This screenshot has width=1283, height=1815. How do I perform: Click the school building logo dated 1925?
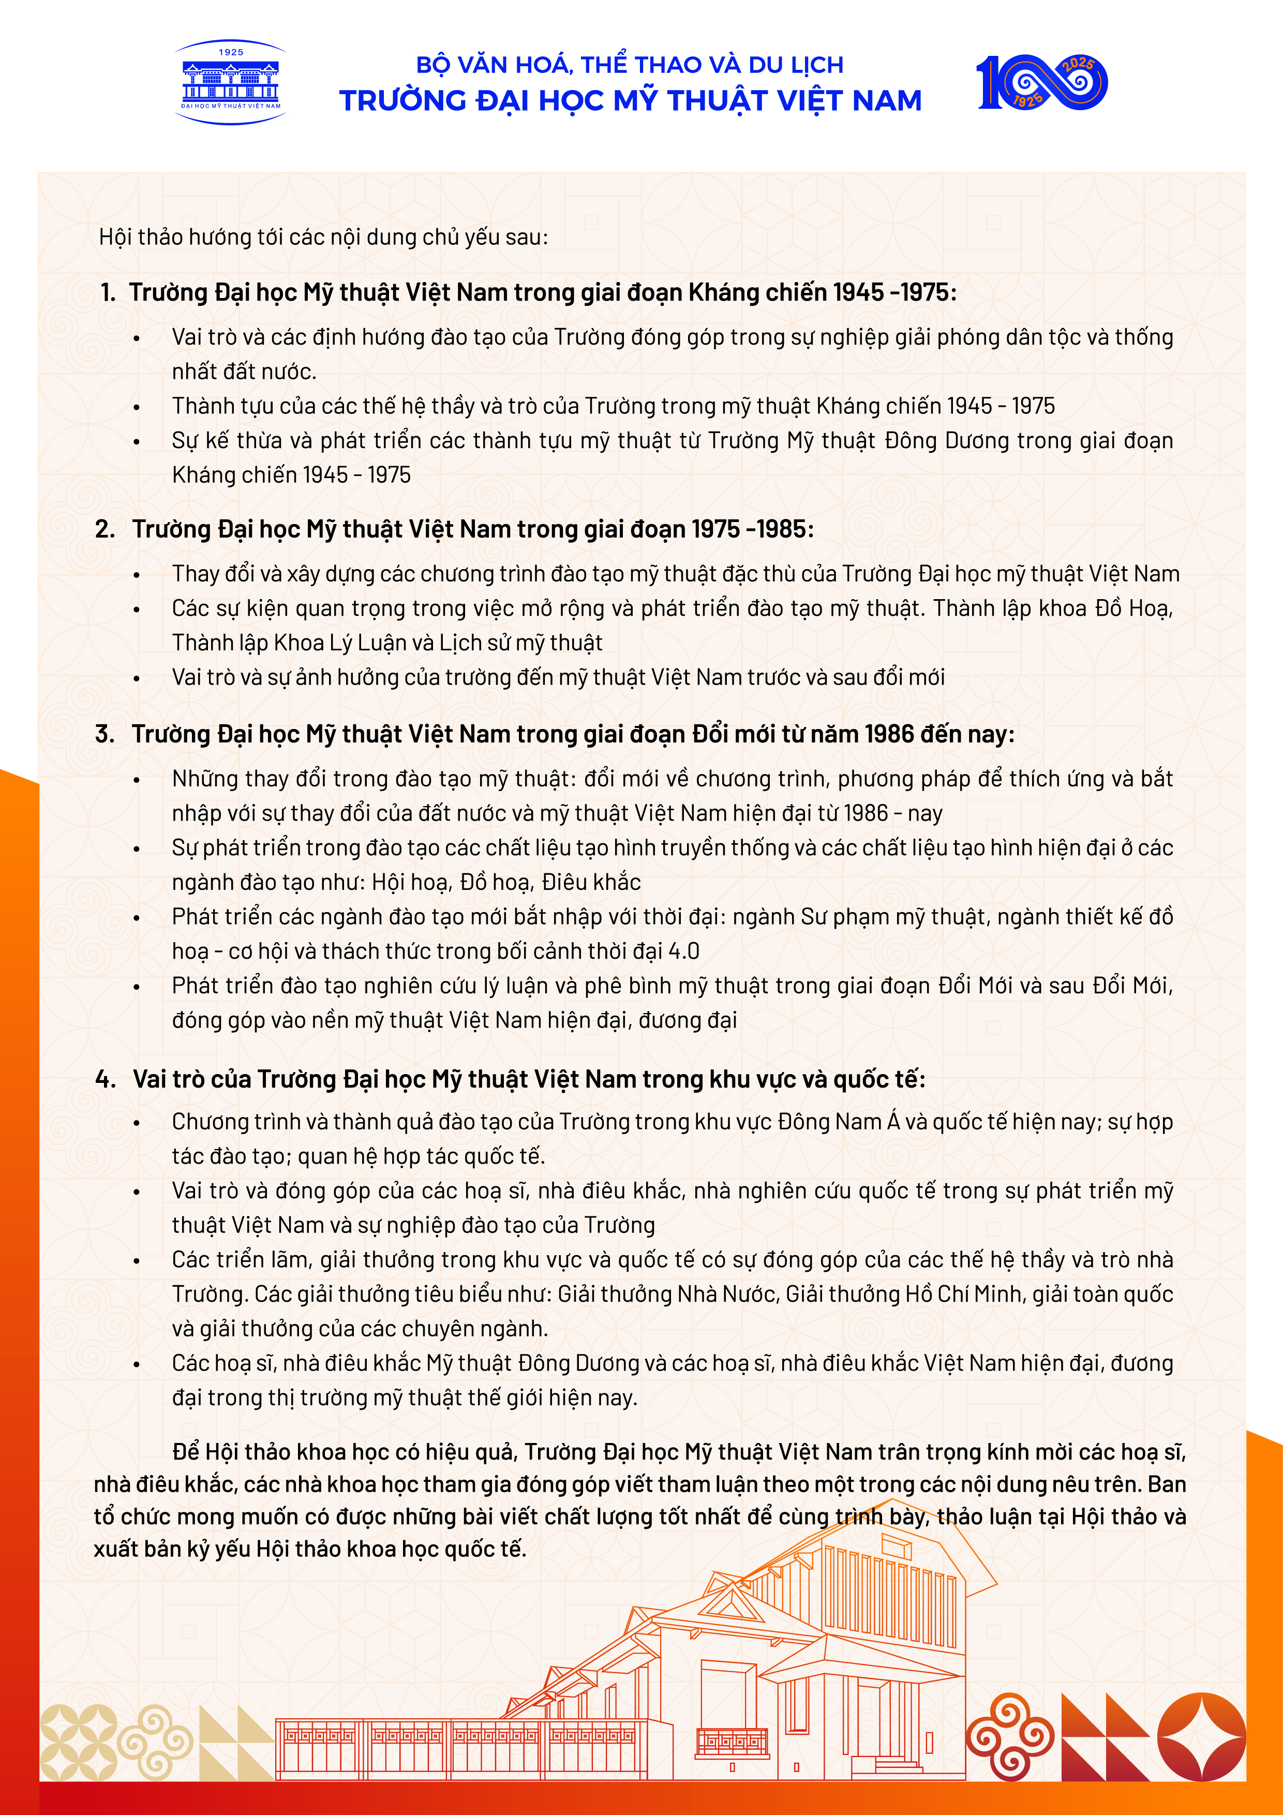point(230,82)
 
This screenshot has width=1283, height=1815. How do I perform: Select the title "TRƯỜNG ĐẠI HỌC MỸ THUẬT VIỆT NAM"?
point(630,101)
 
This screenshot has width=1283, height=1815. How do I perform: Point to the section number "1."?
point(108,292)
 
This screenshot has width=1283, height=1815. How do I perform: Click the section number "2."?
point(105,529)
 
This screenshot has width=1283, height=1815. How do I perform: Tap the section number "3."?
point(105,734)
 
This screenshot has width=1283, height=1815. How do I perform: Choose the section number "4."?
point(105,1079)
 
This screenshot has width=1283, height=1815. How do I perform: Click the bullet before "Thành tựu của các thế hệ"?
point(137,407)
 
